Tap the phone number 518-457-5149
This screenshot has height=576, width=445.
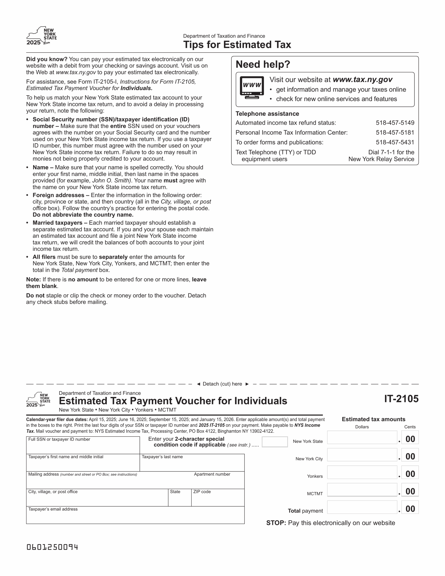pos(395,123)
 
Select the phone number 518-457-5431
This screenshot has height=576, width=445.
pos(395,142)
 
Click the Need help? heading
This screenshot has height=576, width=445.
pos(263,64)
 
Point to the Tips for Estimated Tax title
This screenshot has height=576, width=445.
pos(237,45)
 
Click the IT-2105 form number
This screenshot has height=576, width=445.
pos(401,399)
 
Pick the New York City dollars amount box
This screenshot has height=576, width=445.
pos(362,455)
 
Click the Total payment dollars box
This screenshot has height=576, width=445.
pos(362,507)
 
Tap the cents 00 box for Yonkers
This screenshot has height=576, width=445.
pos(410,472)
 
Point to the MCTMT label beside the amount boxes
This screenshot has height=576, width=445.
pos(315,494)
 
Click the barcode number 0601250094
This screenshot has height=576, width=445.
pos(52,547)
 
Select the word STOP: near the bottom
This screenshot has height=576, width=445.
pos(276,523)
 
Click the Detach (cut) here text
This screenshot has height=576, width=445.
pos(222,384)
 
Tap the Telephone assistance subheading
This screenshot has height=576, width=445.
pos(267,114)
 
